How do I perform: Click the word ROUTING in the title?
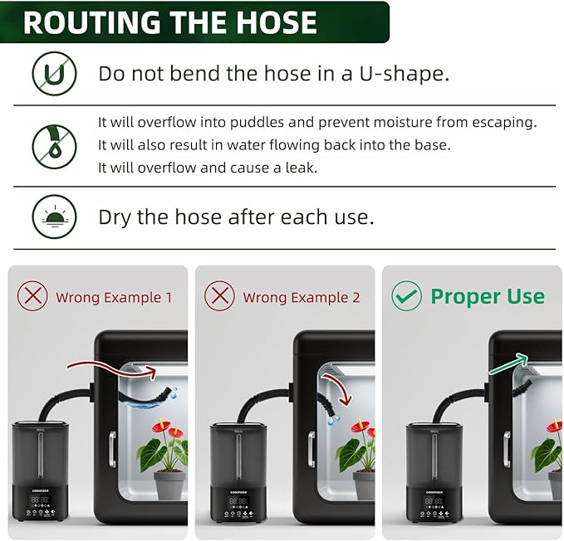coord(91,22)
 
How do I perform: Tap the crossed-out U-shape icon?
coord(54,73)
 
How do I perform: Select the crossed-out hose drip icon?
coord(54,146)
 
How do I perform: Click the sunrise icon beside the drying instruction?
coord(54,217)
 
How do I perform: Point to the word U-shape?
coord(405,74)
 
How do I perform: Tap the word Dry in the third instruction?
coord(115,217)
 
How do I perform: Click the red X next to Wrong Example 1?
coord(32,295)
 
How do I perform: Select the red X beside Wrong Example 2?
coord(219,295)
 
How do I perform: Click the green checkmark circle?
coord(406,295)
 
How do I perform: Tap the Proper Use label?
coord(488,297)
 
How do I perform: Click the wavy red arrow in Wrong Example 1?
coord(111,369)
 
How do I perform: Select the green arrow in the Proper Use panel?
coord(508,363)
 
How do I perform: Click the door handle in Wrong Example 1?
coord(113,449)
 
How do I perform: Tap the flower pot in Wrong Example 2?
coord(364,485)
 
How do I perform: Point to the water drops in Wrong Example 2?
coord(333,419)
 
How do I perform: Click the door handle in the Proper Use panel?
coord(507,449)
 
